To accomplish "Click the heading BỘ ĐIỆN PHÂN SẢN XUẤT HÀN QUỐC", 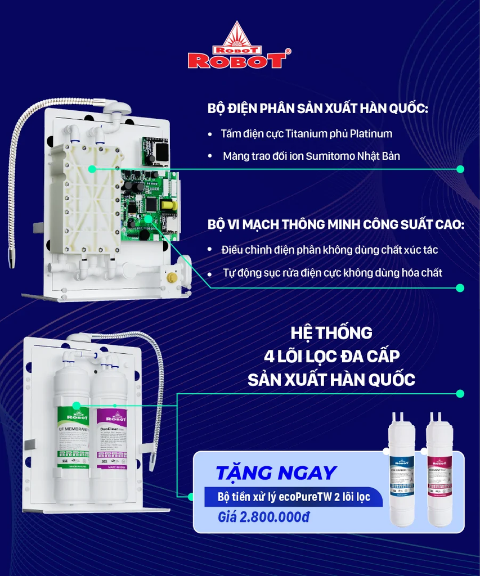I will click(317, 108).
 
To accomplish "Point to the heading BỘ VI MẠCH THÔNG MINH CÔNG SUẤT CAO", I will click(336, 224).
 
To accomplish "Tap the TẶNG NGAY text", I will click(276, 473).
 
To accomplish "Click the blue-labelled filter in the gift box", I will click(402, 472).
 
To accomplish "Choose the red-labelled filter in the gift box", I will click(439, 472).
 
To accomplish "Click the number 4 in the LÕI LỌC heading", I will click(269, 356).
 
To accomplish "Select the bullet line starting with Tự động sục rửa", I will click(331, 273).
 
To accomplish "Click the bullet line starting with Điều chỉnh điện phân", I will click(329, 249).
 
